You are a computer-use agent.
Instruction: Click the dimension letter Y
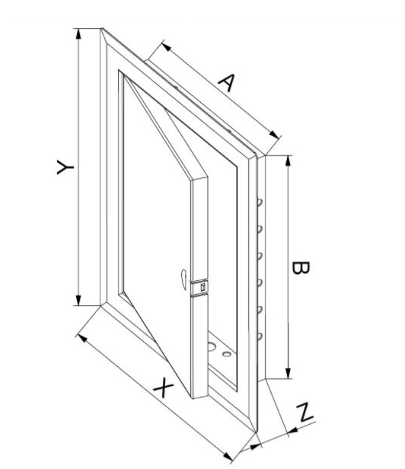(65, 167)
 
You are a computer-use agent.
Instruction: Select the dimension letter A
(227, 82)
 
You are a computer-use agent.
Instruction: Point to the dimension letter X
(163, 388)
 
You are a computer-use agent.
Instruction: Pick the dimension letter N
(305, 413)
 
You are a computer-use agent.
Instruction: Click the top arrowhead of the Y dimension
(78, 33)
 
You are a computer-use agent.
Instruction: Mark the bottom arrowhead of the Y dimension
(78, 300)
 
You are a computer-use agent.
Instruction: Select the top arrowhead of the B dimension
(288, 161)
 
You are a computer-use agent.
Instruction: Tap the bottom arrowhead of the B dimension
(288, 374)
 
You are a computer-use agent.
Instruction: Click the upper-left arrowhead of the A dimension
(166, 46)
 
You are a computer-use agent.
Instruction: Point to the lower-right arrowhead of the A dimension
(274, 135)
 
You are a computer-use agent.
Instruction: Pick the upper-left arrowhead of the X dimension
(82, 338)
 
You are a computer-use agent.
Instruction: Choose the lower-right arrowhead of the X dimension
(228, 457)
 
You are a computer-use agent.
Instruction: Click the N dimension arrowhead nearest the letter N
(293, 430)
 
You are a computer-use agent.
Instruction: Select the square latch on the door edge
(202, 287)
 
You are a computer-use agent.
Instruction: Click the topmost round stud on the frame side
(260, 203)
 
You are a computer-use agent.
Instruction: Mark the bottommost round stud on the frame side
(260, 337)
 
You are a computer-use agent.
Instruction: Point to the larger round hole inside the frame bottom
(212, 346)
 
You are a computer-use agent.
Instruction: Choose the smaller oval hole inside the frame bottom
(227, 354)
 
